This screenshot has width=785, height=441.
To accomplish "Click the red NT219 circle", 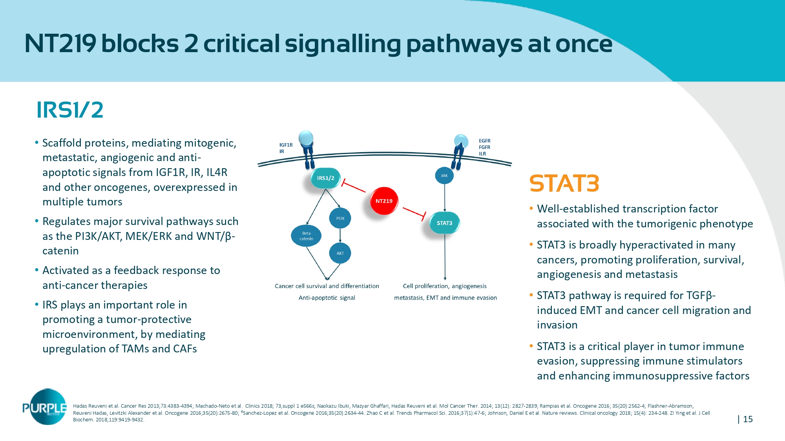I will tap(384, 201).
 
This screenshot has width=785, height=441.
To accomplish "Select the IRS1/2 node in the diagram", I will tap(325, 178).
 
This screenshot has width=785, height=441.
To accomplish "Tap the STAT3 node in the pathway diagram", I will tap(444, 223).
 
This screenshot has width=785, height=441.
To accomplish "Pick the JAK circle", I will tap(444, 176).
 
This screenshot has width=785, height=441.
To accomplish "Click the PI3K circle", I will tap(340, 218).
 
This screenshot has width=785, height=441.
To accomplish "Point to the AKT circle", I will tap(340, 253).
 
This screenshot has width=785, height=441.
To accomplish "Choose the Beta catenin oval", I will tap(306, 236).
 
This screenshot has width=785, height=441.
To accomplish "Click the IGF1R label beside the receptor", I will tap(286, 145).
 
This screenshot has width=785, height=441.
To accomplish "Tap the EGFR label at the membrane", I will tap(484, 141).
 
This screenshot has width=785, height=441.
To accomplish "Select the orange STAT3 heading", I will tap(564, 183).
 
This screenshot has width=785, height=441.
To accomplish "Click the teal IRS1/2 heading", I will tap(70, 110).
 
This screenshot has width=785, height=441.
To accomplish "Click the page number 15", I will tap(748, 419).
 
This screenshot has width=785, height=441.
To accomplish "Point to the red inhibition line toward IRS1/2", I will tap(354, 187).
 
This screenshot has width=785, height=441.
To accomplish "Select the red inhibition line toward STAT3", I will tap(414, 212).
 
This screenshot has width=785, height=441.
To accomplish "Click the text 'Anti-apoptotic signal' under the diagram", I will tap(327, 298).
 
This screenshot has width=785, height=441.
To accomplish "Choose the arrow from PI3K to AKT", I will tap(340, 236).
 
